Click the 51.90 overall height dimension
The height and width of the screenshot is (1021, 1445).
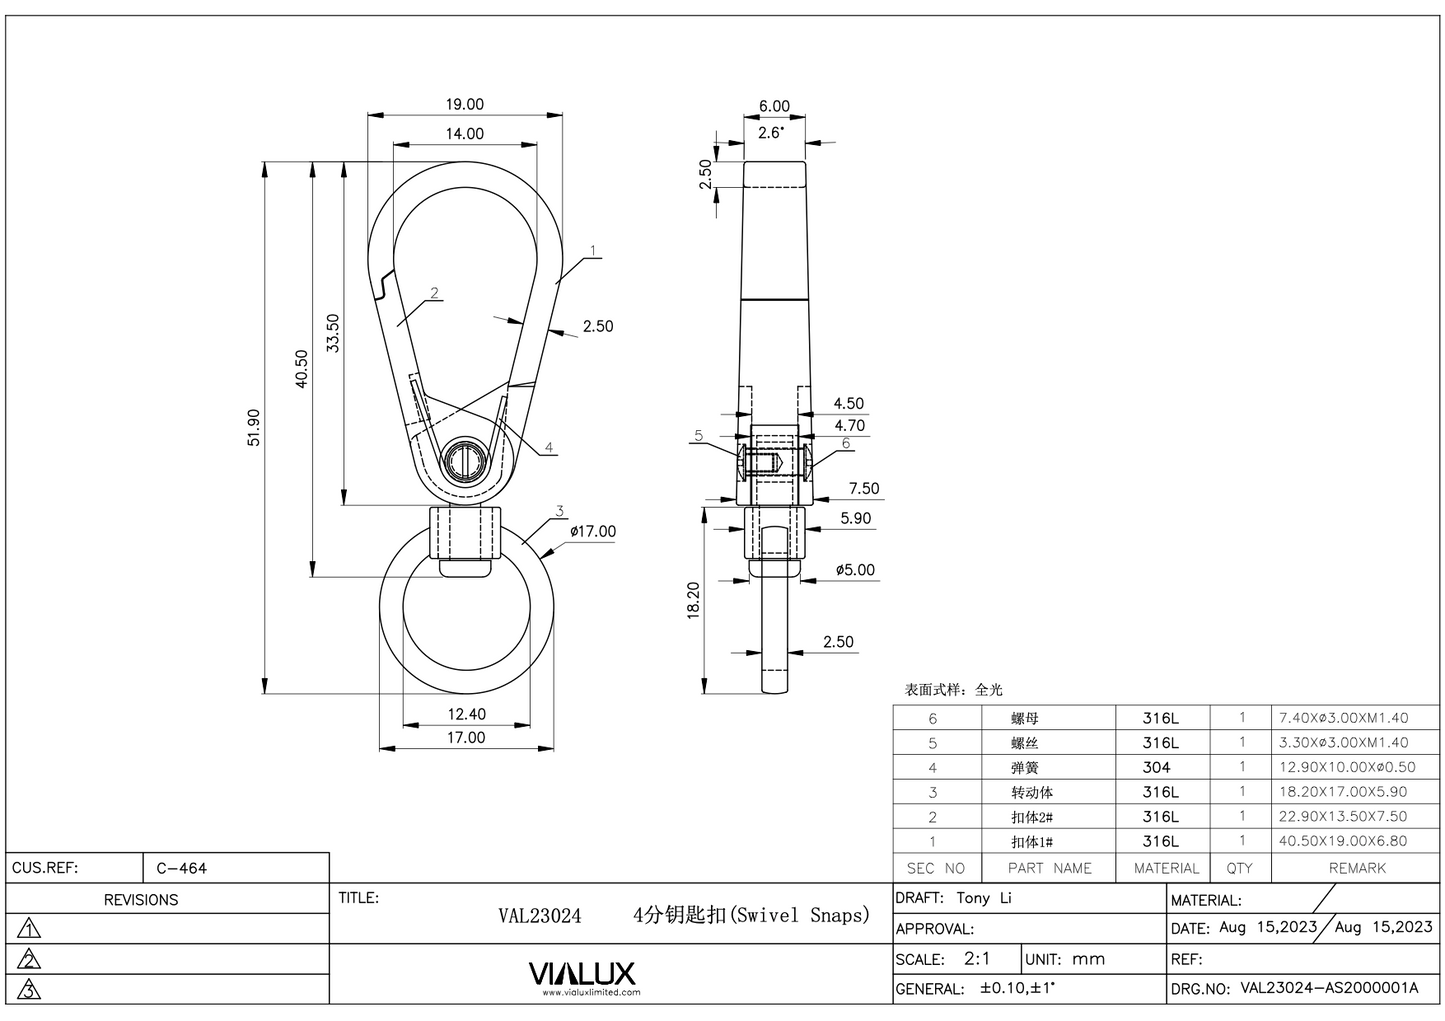tap(253, 427)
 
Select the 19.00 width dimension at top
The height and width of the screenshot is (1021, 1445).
tap(464, 104)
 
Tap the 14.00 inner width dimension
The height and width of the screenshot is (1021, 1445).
tap(464, 133)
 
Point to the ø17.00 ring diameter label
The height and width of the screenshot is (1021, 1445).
tap(593, 531)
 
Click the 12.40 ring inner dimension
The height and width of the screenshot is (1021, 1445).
tap(466, 714)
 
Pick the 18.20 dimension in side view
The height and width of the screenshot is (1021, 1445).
tap(694, 601)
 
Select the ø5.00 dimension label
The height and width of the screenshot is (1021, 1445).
tap(855, 570)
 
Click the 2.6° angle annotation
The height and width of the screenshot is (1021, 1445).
tap(771, 132)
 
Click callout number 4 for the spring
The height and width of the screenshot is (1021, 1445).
tap(549, 448)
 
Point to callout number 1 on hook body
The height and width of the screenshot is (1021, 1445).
tap(593, 250)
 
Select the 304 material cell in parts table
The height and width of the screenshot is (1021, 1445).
tap(1157, 767)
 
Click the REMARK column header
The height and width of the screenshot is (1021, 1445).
tap(1357, 868)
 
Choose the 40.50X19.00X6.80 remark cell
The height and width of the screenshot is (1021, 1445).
tap(1343, 841)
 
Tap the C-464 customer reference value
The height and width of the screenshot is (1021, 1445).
tap(181, 868)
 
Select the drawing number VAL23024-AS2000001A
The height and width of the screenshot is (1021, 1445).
tap(1329, 988)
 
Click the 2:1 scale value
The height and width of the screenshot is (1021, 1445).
tap(977, 958)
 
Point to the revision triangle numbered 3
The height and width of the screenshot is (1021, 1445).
tap(30, 989)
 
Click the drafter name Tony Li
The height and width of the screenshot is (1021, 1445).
tap(984, 898)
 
